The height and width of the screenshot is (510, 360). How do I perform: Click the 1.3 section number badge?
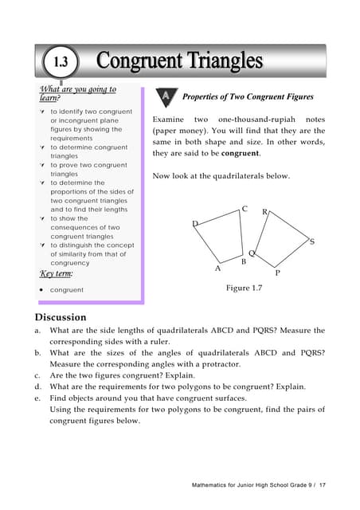click(x=61, y=61)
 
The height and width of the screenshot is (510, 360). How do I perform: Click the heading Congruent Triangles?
click(x=179, y=61)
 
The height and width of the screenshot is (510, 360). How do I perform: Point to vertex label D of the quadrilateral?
click(x=195, y=224)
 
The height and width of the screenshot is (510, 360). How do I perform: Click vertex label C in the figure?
click(x=245, y=210)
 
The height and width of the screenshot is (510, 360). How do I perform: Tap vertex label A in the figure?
click(x=218, y=269)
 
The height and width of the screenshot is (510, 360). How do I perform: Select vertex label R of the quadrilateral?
click(x=265, y=212)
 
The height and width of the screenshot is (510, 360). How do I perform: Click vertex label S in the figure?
click(x=311, y=241)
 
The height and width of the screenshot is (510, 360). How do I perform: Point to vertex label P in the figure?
click(x=277, y=273)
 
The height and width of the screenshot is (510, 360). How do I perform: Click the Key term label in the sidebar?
click(x=57, y=273)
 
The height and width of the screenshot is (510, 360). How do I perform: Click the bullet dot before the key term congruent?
click(x=41, y=290)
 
